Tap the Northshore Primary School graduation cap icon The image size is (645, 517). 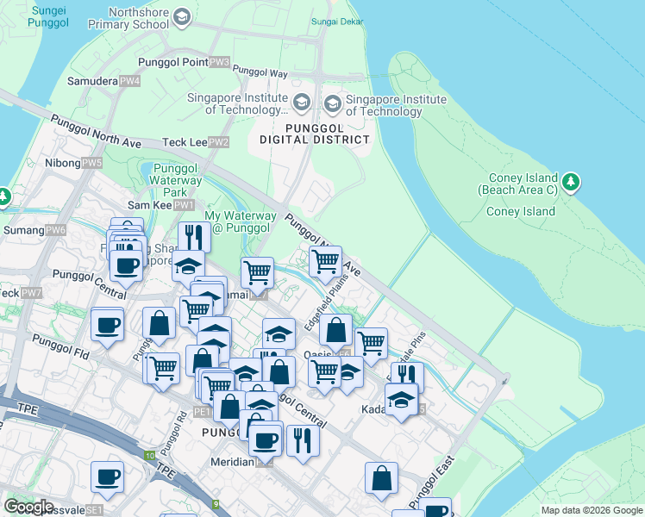tap(181, 18)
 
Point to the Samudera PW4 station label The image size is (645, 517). tap(104, 81)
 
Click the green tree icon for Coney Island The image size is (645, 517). tap(571, 182)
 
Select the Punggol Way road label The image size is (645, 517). tap(260, 73)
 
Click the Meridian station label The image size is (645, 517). tap(232, 462)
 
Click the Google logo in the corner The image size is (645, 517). tap(28, 507)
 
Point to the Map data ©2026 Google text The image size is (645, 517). tap(591, 510)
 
